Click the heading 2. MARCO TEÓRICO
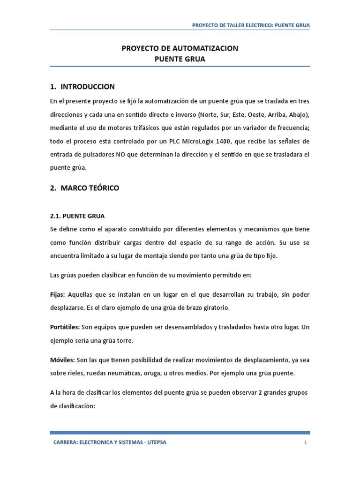click(84, 188)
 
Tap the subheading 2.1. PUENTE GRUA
click(77, 216)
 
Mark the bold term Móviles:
click(62, 360)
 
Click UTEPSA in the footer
click(155, 442)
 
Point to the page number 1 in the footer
click(305, 442)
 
